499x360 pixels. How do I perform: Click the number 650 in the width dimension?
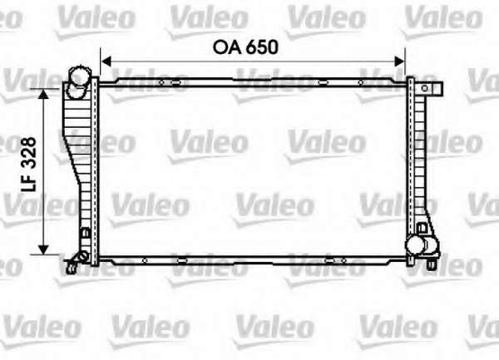(263, 47)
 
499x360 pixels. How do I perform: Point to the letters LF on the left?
(28, 182)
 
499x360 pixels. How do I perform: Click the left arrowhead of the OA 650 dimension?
(106, 62)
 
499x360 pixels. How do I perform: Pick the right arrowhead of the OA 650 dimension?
(399, 62)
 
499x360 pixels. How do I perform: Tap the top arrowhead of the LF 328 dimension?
(43, 95)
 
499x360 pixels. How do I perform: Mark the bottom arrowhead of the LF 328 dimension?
(43, 249)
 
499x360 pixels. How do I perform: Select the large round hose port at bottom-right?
(415, 245)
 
